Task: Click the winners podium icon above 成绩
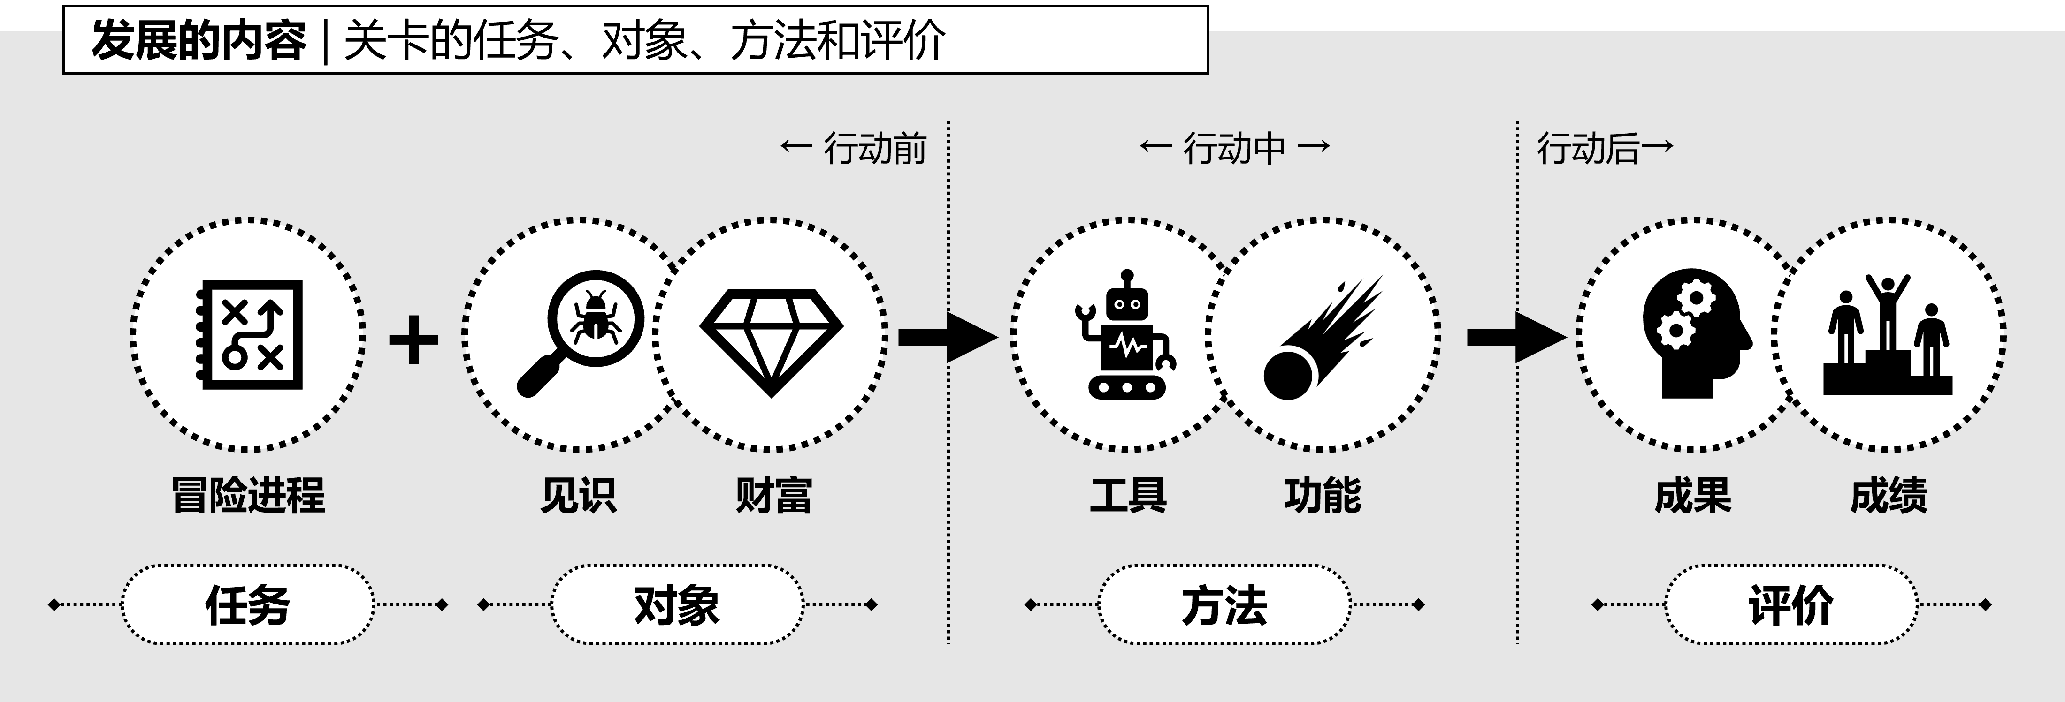pos(1888,337)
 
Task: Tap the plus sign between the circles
pos(413,339)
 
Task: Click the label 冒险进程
pos(249,495)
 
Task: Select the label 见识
pos(579,495)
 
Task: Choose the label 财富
pos(773,495)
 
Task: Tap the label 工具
pos(1128,495)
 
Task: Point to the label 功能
pos(1323,495)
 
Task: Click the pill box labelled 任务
pos(248,605)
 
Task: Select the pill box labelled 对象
pos(677,605)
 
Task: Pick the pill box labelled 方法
pos(1224,605)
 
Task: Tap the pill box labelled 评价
pos(1791,605)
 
